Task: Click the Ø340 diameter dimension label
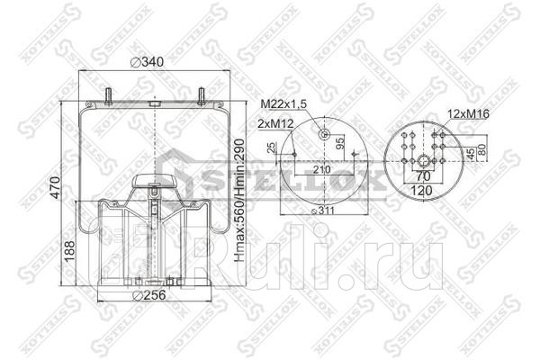[148, 62]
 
